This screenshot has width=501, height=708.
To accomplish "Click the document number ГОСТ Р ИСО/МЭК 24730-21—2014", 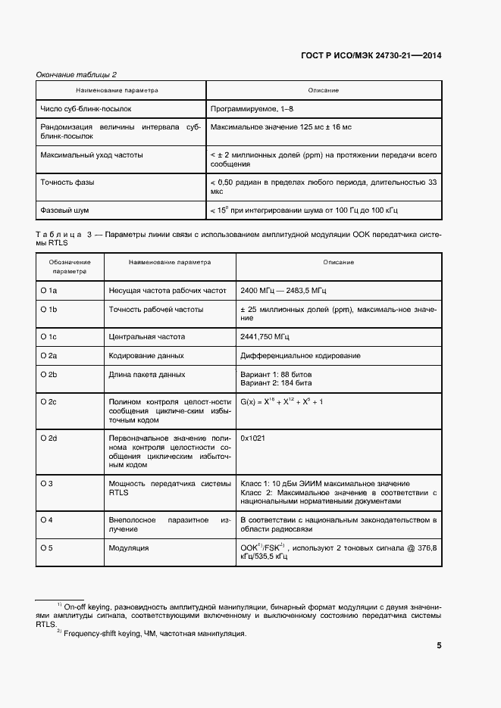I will pos(371,55).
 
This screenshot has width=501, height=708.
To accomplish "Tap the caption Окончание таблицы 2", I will pos(77,74).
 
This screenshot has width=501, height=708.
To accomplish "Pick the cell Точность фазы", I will pos(67,182).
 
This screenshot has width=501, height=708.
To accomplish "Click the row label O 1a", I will pos(49,290).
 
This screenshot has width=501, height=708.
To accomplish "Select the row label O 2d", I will pos(49,438).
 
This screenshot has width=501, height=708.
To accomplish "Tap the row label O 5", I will pos(46,547).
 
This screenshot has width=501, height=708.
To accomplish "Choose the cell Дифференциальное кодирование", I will pos(300,355).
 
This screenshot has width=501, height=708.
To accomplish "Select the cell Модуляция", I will pos(129,547).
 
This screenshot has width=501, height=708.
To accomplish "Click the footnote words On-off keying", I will pos(87,607).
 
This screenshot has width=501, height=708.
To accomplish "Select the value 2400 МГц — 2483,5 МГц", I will pos(283,290).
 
